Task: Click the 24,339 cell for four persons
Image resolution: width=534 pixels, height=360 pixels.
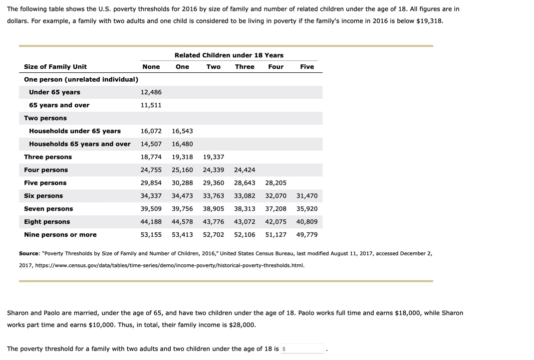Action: [213, 170]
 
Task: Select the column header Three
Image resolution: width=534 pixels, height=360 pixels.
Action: [245, 67]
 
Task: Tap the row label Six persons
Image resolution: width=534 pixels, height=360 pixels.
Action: [43, 196]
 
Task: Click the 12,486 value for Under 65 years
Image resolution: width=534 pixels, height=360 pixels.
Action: [151, 92]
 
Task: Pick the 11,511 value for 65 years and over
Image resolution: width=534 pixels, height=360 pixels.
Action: [151, 105]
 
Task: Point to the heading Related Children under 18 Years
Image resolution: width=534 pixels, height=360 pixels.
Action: [229, 55]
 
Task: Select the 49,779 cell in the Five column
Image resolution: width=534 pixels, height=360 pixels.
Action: [306, 235]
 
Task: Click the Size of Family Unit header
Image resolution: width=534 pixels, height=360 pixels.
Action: [55, 67]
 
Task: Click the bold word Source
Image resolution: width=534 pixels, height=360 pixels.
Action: [28, 254]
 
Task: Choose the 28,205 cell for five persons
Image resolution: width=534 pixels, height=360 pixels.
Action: [275, 183]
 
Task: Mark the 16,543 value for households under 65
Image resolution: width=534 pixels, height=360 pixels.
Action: [182, 131]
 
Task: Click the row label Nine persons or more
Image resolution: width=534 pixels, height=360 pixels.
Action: [60, 235]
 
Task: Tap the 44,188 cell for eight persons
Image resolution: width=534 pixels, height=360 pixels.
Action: [151, 222]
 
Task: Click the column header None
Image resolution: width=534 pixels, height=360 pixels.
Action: [151, 67]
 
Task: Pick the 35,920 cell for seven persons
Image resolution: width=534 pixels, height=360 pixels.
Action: [306, 209]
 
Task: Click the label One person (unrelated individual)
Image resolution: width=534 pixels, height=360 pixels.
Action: [81, 80]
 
